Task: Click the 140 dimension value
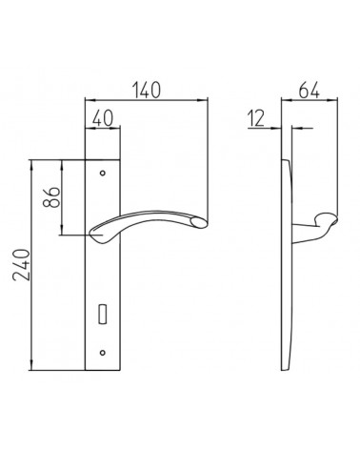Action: point(147,90)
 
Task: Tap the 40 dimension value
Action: point(103,119)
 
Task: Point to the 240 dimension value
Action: point(21,265)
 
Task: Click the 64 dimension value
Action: point(309,90)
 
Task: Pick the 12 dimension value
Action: point(256,118)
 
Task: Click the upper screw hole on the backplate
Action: point(102,174)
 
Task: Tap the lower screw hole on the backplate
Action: point(102,353)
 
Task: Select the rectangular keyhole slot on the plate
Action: point(102,314)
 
